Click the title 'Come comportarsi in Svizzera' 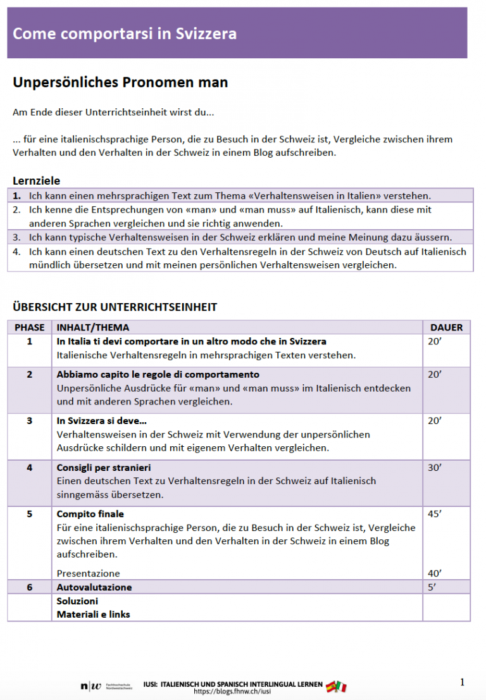pyautogui.click(x=125, y=34)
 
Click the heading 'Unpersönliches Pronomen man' pyautogui.click(x=120, y=83)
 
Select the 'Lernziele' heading pyautogui.click(x=37, y=180)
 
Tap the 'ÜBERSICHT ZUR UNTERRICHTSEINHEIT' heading pyautogui.click(x=115, y=308)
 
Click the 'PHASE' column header pyautogui.click(x=30, y=327)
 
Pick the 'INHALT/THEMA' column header pyautogui.click(x=93, y=327)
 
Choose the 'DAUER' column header pyautogui.click(x=446, y=327)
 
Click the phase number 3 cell pyautogui.click(x=30, y=421)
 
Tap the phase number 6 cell pyautogui.click(x=30, y=587)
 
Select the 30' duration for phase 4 pyautogui.click(x=434, y=468)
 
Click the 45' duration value pyautogui.click(x=434, y=514)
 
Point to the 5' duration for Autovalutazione pyautogui.click(x=432, y=587)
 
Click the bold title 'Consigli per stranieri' pyautogui.click(x=104, y=468)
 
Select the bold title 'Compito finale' pyautogui.click(x=90, y=514)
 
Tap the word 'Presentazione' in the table pyautogui.click(x=88, y=573)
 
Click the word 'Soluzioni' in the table pyautogui.click(x=77, y=601)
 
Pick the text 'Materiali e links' pyautogui.click(x=94, y=614)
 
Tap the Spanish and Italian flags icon pyautogui.click(x=337, y=686)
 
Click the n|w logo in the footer pyautogui.click(x=90, y=687)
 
